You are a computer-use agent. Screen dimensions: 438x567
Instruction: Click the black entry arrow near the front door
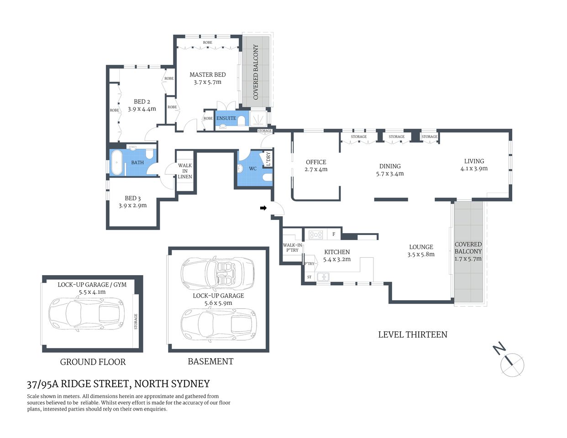tap(263, 208)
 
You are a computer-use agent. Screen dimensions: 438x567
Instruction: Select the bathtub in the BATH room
tap(117, 162)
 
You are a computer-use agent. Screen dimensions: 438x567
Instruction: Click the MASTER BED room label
tap(207, 75)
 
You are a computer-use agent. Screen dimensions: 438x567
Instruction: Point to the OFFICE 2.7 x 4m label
tap(316, 166)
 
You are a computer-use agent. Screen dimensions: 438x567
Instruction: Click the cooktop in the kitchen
tap(316, 235)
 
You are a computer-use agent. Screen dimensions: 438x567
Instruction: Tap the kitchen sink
tap(324, 276)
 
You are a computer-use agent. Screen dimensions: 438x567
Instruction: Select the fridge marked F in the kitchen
tap(334, 235)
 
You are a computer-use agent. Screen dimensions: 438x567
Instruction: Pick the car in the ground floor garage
tap(86, 314)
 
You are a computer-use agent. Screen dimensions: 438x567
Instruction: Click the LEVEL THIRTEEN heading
tap(412, 334)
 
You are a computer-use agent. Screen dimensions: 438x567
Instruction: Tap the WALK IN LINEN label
tap(185, 171)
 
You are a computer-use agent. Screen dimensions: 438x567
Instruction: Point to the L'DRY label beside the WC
tap(268, 159)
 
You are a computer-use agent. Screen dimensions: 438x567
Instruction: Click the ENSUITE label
tap(226, 118)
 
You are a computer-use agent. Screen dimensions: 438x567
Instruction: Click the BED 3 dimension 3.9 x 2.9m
tap(132, 205)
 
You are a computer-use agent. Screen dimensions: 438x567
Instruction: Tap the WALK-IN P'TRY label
tap(292, 248)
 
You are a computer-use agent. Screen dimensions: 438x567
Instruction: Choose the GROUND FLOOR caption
tap(93, 362)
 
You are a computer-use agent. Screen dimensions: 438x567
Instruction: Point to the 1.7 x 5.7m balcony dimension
tap(468, 259)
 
